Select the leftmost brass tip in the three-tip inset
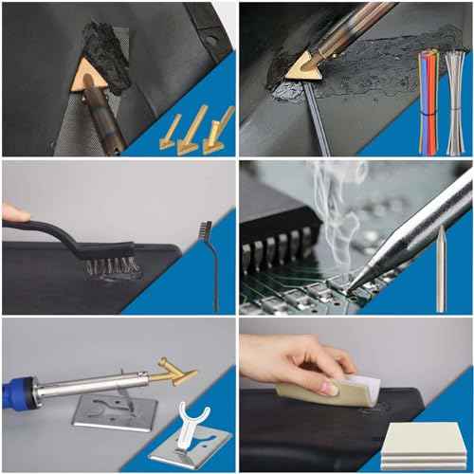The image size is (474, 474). [x=172, y=134]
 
